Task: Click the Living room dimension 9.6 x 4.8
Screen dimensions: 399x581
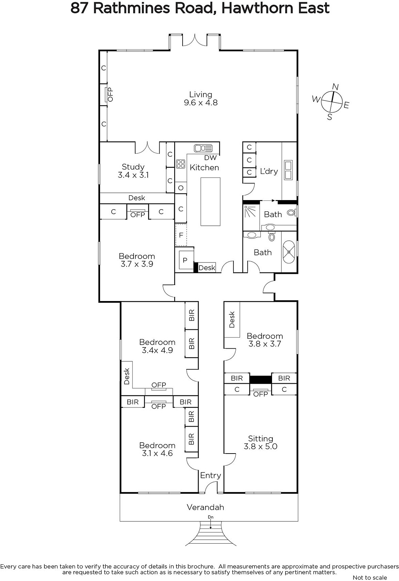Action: [x=201, y=103]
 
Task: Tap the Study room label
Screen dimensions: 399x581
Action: [x=133, y=167]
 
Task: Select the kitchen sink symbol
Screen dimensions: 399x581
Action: [x=203, y=148]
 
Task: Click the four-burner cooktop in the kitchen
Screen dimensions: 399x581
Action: [x=180, y=164]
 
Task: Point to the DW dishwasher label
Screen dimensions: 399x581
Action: [x=210, y=158]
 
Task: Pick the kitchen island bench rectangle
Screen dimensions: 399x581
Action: [x=210, y=202]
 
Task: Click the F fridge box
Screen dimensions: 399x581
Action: [x=181, y=235]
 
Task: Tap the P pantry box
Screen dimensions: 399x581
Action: [x=185, y=260]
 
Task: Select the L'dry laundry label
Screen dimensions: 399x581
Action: [x=269, y=171]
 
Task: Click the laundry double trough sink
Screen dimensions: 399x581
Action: [x=288, y=170]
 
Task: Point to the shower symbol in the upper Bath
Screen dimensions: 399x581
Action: [x=250, y=211]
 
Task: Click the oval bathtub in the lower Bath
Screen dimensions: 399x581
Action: [x=288, y=252]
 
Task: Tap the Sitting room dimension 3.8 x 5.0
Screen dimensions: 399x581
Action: [x=260, y=446]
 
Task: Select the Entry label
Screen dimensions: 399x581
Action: [x=210, y=475]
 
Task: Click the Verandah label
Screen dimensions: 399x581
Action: [x=206, y=507]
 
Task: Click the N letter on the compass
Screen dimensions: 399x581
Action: [x=335, y=87]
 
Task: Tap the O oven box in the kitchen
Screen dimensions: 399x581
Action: [x=181, y=187]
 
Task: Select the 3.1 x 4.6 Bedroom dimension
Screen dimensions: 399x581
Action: [x=157, y=454]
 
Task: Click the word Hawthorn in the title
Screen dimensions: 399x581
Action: [x=258, y=8]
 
